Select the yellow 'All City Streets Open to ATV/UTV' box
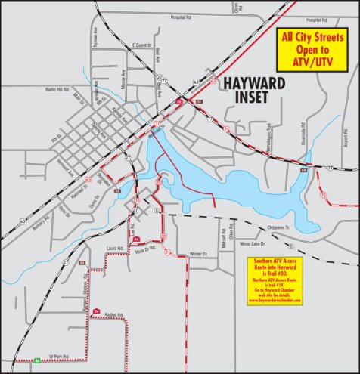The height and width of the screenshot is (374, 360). coord(308,50)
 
